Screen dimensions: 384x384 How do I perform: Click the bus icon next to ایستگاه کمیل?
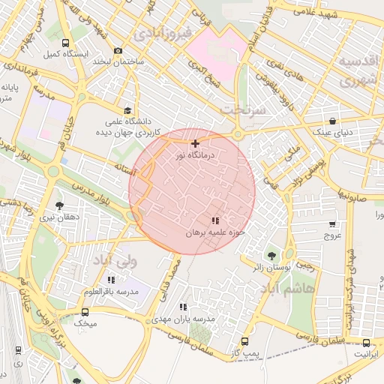coord(66,43)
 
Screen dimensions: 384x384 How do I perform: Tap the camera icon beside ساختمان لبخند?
coord(118,50)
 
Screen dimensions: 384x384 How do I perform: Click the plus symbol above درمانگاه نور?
coord(195,143)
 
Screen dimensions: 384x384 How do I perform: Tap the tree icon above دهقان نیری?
coord(59,205)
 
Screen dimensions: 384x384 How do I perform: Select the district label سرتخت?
coord(242,109)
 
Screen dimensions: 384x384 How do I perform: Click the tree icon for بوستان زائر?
coord(271,255)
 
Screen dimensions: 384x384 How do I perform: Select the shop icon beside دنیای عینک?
coord(332,121)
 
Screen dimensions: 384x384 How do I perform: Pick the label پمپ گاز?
coord(244,352)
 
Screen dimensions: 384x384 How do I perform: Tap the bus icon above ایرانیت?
coord(365,340)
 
